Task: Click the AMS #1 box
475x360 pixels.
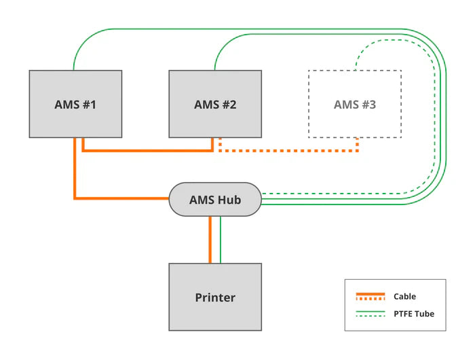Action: [x=75, y=104]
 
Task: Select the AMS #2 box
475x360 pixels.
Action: [x=215, y=104]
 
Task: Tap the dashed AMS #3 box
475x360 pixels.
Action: [x=354, y=104]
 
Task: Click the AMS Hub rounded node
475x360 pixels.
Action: [x=215, y=200]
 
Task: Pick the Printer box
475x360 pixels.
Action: [x=215, y=298]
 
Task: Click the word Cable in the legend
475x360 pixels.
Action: [x=404, y=297]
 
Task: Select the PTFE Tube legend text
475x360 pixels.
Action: [x=413, y=314]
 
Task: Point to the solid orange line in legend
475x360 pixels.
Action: [x=370, y=294]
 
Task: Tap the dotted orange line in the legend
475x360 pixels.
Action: [x=370, y=299]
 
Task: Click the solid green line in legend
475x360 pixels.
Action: [x=370, y=312]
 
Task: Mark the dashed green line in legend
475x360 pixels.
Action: [x=370, y=317]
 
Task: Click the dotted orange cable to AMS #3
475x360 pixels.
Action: [x=292, y=150]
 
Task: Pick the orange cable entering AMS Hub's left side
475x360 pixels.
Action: [x=122, y=198]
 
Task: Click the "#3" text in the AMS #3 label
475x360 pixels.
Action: [x=367, y=105]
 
